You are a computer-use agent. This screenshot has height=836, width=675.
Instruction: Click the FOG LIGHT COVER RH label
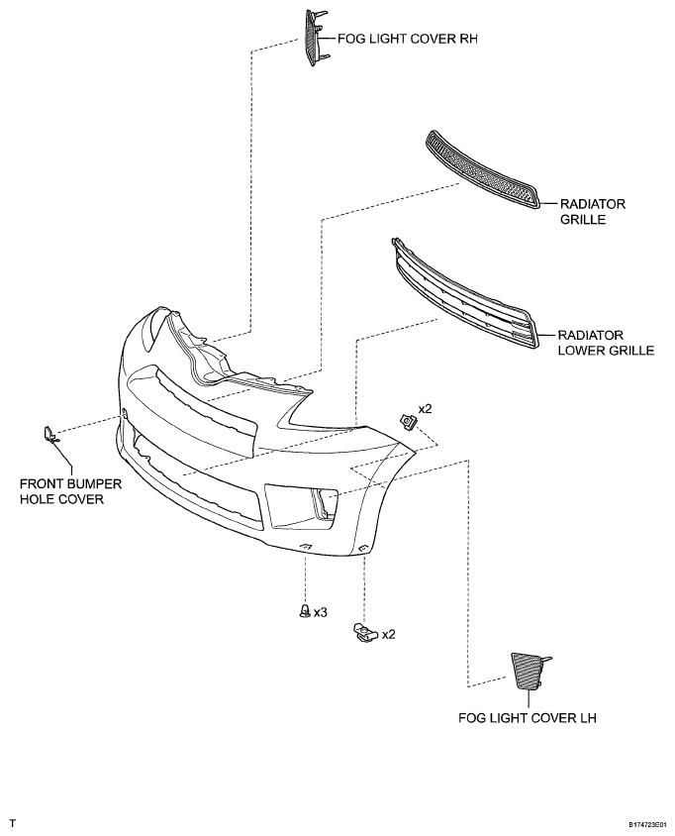pyautogui.click(x=408, y=39)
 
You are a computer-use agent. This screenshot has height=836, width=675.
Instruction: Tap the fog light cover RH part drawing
pyautogui.click(x=316, y=38)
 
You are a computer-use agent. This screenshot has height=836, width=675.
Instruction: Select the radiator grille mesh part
pyautogui.click(x=482, y=169)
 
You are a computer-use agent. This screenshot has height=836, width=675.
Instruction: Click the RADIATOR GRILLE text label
pyautogui.click(x=593, y=212)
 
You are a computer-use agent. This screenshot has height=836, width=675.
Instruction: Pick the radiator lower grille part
pyautogui.click(x=464, y=294)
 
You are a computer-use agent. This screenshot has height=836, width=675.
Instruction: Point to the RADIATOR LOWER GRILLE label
pyautogui.click(x=606, y=343)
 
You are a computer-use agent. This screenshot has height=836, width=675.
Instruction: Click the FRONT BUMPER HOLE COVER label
pyautogui.click(x=71, y=491)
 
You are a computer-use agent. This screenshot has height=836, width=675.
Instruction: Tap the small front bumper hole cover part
pyautogui.click(x=50, y=435)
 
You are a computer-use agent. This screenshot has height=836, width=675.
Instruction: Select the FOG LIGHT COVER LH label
pyautogui.click(x=527, y=718)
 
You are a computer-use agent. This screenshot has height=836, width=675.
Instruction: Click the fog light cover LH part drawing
pyautogui.click(x=528, y=671)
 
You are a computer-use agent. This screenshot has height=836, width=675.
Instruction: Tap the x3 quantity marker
pyautogui.click(x=320, y=612)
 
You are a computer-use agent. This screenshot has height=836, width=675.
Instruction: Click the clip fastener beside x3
pyautogui.click(x=305, y=610)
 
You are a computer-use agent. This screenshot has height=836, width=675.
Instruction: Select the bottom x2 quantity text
pyautogui.click(x=388, y=635)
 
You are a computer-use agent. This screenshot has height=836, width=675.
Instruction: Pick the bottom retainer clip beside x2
pyautogui.click(x=365, y=632)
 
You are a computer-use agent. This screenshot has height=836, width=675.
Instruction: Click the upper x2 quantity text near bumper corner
pyautogui.click(x=425, y=409)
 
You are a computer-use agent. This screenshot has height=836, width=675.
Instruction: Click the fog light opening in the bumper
pyautogui.click(x=300, y=506)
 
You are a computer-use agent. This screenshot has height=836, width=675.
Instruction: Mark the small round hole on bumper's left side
pyautogui.click(x=125, y=413)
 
